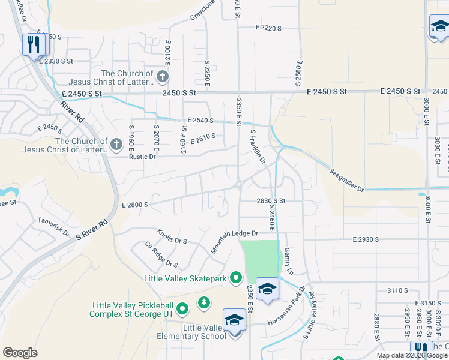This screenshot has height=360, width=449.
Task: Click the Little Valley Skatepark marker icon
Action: [x=236, y=278]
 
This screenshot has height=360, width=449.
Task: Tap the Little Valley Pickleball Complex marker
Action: [x=183, y=309]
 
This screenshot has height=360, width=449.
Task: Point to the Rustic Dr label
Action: [x=142, y=157]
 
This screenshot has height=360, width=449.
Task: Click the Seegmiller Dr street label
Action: [x=347, y=180]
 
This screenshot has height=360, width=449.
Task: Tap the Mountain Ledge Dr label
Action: [x=234, y=242]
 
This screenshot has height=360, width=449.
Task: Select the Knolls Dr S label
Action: [x=172, y=236]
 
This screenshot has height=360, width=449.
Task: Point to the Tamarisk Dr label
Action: [x=53, y=227]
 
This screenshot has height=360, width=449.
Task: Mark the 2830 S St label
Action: [x=270, y=201]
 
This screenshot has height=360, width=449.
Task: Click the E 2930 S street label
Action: [x=365, y=239]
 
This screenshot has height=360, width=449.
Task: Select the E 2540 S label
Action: [x=200, y=121]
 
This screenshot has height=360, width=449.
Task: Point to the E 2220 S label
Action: [x=268, y=28]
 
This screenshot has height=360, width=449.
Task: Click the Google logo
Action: [x=20, y=353]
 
